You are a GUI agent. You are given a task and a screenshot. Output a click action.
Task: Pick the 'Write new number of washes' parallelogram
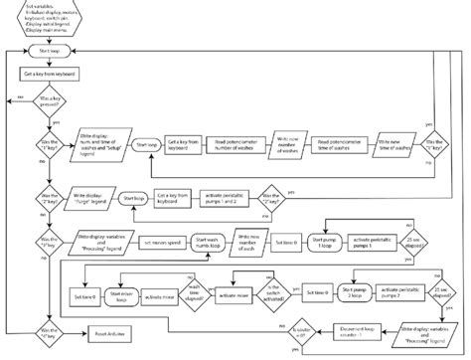click(x=286, y=146)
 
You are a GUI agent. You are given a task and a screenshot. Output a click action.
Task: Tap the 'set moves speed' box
click(x=161, y=242)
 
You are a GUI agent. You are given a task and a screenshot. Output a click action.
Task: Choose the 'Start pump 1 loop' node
click(x=325, y=242)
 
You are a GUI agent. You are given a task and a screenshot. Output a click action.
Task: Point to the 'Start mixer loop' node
click(x=125, y=295)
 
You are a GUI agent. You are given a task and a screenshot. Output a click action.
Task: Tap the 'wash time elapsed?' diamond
click(x=194, y=294)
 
